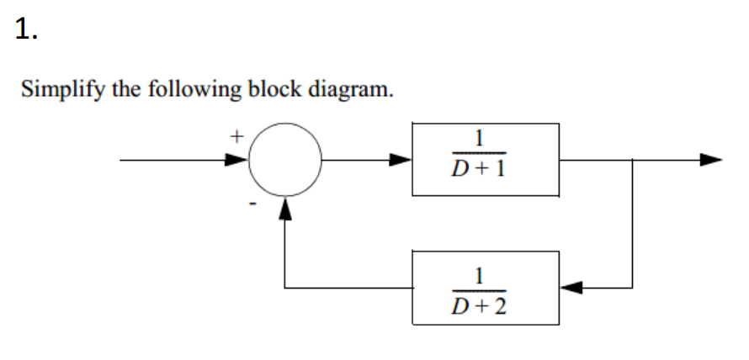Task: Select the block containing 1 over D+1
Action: click(485, 159)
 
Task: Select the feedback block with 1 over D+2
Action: click(485, 288)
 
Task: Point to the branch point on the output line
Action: click(630, 159)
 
